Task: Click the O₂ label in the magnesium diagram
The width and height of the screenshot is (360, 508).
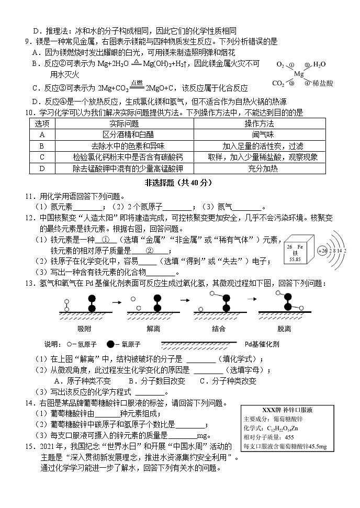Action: (x=281, y=65)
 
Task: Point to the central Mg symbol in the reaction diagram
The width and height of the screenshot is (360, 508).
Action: (x=299, y=74)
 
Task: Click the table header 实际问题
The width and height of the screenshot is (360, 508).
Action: (x=125, y=123)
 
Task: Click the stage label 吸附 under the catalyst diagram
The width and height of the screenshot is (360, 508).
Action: (x=84, y=329)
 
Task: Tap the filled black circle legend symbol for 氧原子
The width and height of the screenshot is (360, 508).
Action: (x=110, y=344)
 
